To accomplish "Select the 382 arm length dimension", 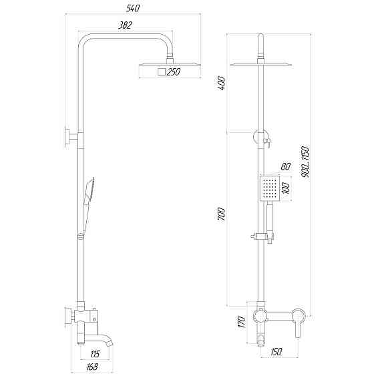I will coord(124,25).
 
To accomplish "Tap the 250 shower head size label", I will coord(174,71).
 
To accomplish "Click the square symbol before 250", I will coord(161,71).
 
